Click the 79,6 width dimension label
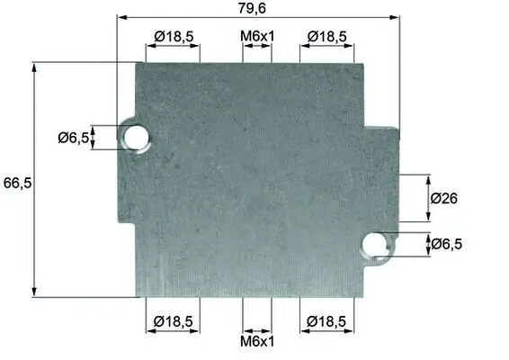(x=252, y=8)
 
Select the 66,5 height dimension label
(x=17, y=184)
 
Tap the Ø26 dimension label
(x=443, y=198)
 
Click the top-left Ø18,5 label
(x=174, y=36)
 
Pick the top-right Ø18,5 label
(x=326, y=36)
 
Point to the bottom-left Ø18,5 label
(x=174, y=321)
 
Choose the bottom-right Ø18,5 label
(x=326, y=321)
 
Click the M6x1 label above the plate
(x=257, y=36)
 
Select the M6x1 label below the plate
(x=257, y=341)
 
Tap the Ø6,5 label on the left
(x=74, y=138)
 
